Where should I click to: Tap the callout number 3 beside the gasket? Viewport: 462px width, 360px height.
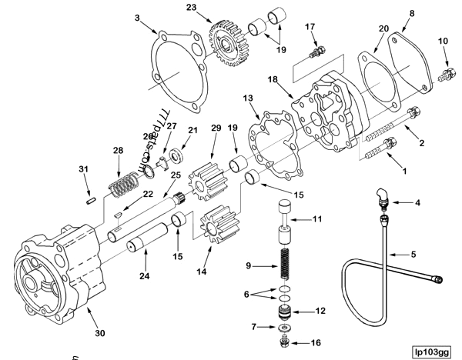[x=136, y=16]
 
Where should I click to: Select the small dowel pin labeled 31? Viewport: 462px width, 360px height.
[x=91, y=201]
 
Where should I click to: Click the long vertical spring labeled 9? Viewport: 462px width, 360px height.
[x=285, y=267]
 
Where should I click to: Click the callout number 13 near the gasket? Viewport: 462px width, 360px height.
[x=247, y=97]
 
